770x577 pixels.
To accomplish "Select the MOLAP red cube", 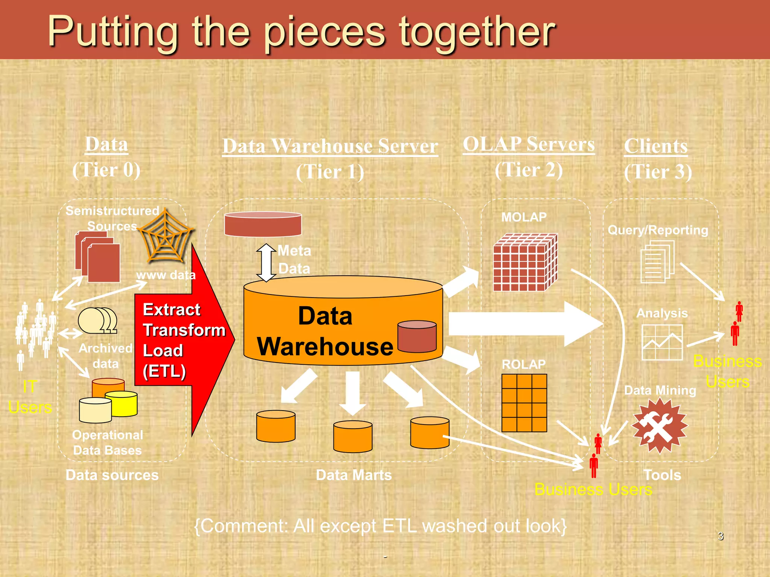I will point(524,263).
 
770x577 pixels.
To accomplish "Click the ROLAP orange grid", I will point(524,403).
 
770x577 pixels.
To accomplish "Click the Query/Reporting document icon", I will point(657,262).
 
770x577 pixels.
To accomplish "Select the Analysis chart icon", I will point(662,342).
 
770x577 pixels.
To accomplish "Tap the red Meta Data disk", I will point(263,224).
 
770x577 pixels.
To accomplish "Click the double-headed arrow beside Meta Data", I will point(266,263).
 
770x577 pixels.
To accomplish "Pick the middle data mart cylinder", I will point(353,436).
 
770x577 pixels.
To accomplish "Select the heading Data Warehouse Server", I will point(330,146).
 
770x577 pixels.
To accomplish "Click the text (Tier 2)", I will point(528,170).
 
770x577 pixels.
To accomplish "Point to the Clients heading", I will point(656,146).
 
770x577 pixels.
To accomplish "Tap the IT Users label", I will point(30,397).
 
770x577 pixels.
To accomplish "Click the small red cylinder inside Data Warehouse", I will point(417,336).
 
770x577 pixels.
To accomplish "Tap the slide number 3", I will point(720,536).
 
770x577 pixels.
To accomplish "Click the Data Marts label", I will point(354,475).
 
